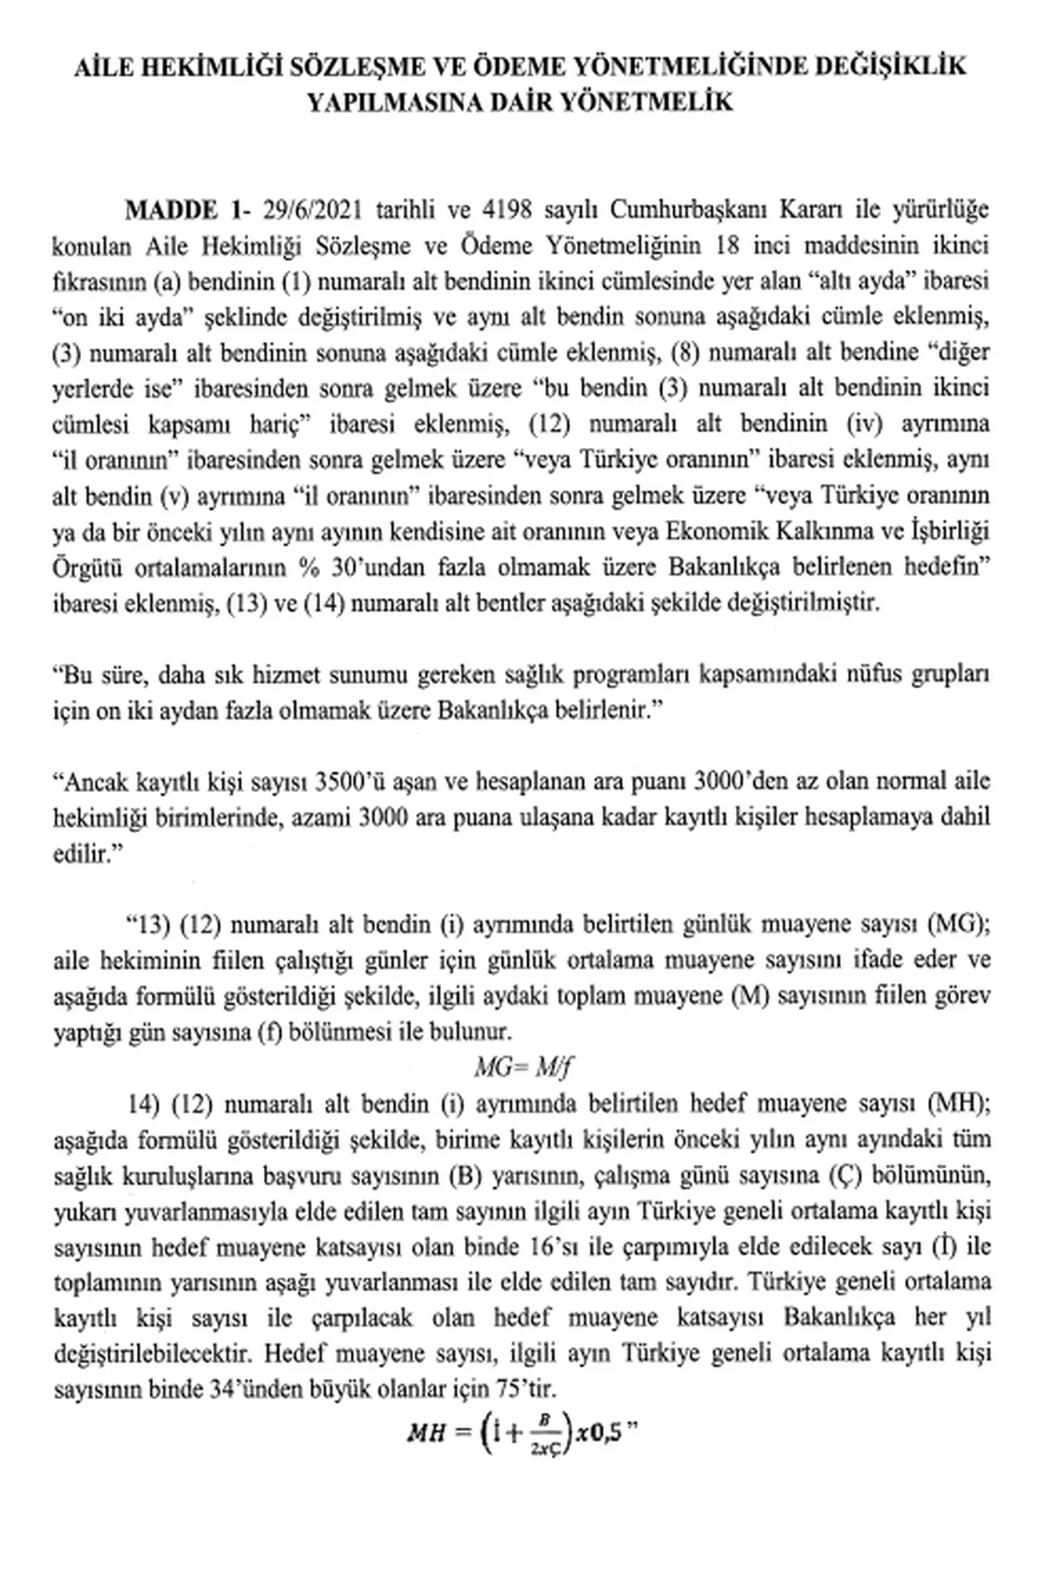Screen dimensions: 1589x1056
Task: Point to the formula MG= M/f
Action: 523,1068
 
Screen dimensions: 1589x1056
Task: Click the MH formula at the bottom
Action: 523,1435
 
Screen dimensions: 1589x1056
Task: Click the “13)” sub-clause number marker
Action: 144,924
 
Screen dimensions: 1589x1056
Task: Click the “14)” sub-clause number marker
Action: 144,1104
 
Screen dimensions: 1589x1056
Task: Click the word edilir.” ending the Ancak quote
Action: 82,854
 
